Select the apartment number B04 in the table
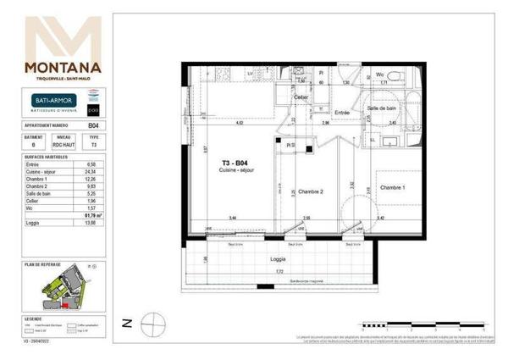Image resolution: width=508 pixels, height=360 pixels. point(93,125)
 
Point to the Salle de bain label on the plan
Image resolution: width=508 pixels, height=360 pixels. point(382,108)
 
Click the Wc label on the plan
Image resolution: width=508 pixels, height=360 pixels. point(380,75)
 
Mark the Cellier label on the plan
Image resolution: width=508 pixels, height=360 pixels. point(300,97)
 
